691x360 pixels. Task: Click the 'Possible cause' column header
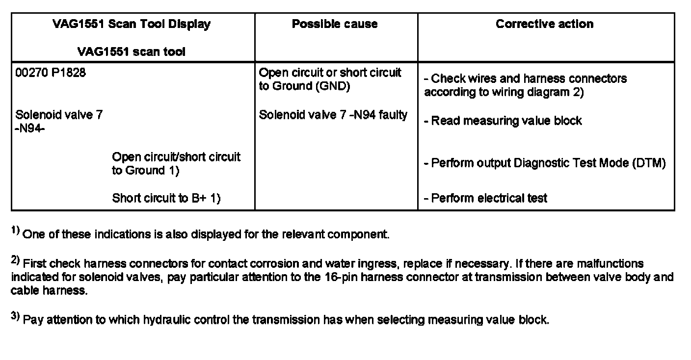335,24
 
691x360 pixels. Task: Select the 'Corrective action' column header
544,24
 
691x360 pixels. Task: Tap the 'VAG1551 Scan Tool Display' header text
132,24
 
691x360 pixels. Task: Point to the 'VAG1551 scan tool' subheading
132,51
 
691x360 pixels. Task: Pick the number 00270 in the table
31,73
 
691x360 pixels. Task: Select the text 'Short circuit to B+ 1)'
166,198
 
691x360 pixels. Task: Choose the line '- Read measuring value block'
503,121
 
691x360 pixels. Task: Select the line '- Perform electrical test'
485,198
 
